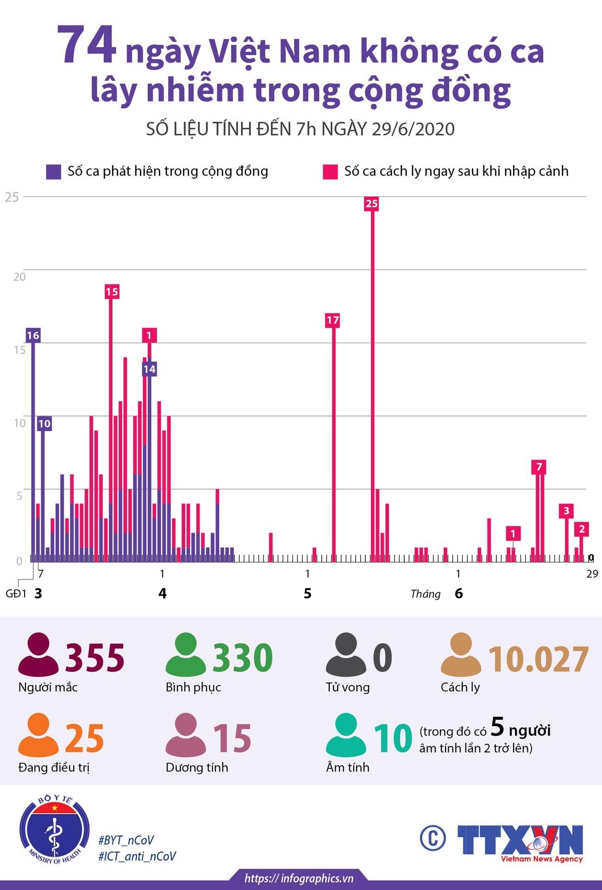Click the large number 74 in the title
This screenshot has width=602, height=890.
click(87, 45)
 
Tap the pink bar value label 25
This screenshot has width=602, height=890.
click(371, 204)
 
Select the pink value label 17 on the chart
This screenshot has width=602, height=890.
click(332, 320)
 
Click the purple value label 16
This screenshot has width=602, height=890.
click(33, 336)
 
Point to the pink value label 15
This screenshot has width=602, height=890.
click(112, 292)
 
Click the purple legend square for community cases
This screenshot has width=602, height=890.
click(54, 172)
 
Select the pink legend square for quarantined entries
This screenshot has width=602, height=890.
click(330, 172)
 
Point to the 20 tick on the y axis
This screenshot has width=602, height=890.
click(19, 277)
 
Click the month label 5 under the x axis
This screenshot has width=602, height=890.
click(307, 593)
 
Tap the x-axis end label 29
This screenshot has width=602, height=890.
click(592, 574)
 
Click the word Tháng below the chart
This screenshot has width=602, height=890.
click(425, 594)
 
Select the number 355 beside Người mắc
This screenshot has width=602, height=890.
click(95, 658)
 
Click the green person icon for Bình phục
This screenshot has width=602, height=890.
click(186, 655)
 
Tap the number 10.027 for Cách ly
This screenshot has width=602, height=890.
click(539, 660)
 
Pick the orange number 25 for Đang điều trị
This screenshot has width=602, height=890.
click(84, 739)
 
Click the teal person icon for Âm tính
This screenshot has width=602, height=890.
click(346, 735)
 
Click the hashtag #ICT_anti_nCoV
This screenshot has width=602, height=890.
click(137, 856)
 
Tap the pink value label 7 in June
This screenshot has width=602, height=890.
click(539, 467)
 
